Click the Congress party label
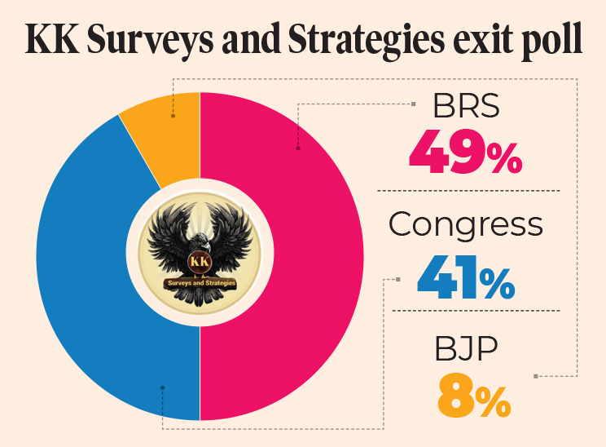(465, 225)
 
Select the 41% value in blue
(465, 279)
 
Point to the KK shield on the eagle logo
(200, 261)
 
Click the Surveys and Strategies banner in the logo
(200, 283)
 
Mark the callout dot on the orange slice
(173, 116)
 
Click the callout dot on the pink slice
(298, 148)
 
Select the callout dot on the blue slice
(162, 387)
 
